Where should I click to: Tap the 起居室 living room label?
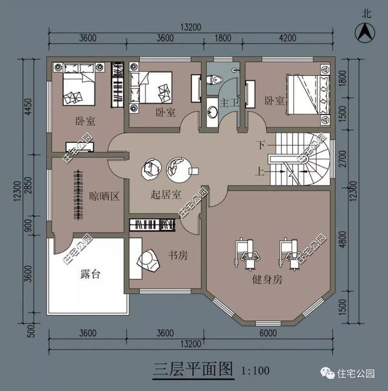pyautogui.click(x=166, y=195)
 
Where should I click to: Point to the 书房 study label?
pyautogui.click(x=178, y=255)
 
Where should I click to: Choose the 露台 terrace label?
pyautogui.click(x=90, y=274)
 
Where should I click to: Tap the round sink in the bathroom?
pyautogui.click(x=212, y=113)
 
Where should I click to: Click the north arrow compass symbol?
pyautogui.click(x=362, y=30)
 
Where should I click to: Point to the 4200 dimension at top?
pyautogui.click(x=287, y=38)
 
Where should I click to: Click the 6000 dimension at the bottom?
pyautogui.click(x=267, y=333)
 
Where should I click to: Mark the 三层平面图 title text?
pyautogui.click(x=193, y=369)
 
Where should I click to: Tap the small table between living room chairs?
pyautogui.click(x=193, y=170)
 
